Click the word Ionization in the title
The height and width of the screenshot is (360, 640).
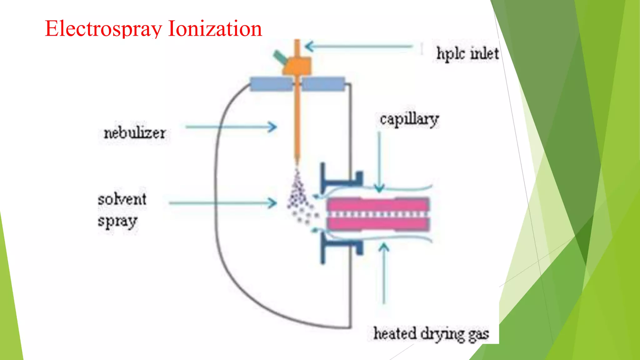(215, 29)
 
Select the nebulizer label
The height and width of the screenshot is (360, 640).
(135, 133)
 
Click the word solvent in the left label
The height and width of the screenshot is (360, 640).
(122, 199)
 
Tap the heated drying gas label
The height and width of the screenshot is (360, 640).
(431, 334)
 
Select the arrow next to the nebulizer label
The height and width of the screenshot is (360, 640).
(231, 127)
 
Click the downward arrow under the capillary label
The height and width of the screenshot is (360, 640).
(379, 162)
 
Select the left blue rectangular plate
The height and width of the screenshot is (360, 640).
(271, 84)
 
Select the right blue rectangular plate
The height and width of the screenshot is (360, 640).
(323, 84)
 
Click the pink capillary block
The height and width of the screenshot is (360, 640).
(378, 214)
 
